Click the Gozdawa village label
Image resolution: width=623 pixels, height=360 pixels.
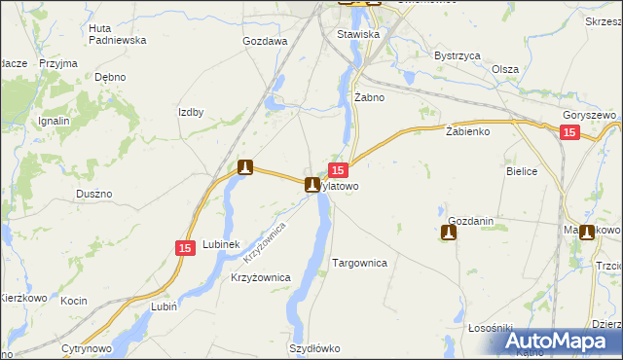pyautogui.click(x=265, y=42)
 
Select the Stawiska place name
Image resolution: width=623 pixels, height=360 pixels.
pyautogui.click(x=357, y=34)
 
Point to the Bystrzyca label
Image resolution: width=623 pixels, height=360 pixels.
pyautogui.click(x=458, y=56)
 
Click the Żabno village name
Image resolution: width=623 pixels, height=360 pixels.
pyautogui.click(x=370, y=97)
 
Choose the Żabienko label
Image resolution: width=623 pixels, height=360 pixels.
pyautogui.click(x=466, y=130)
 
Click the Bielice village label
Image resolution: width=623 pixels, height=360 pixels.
pyautogui.click(x=522, y=170)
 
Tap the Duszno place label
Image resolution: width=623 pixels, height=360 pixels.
pyautogui.click(x=94, y=194)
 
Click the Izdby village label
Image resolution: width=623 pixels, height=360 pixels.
pyautogui.click(x=191, y=112)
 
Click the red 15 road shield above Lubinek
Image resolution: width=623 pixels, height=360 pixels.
pyautogui.click(x=186, y=249)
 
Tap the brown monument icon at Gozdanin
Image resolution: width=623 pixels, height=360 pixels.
pyautogui.click(x=448, y=233)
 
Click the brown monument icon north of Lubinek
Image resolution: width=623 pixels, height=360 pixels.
pyautogui.click(x=245, y=167)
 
